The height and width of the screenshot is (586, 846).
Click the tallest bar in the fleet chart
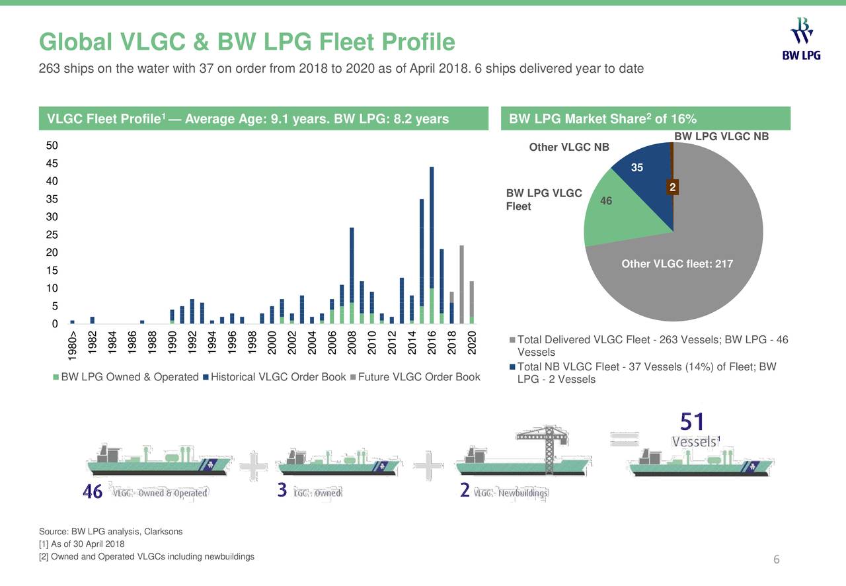432,245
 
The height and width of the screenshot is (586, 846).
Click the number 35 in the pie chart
637,168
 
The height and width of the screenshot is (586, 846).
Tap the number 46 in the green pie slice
606,200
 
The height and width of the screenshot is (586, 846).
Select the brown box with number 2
672,188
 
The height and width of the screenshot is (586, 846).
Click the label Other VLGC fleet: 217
677,265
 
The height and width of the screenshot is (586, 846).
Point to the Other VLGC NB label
568,147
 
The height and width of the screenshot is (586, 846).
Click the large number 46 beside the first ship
92,493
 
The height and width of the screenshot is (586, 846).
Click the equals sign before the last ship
625,439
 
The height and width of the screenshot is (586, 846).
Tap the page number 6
777,560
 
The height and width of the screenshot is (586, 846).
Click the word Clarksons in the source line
163,532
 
